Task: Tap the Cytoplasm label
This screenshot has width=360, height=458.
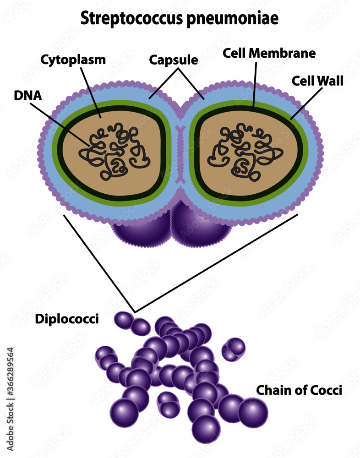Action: (x=73, y=60)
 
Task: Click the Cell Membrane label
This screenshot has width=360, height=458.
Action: (x=269, y=53)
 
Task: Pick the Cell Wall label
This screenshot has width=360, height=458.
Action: (x=317, y=82)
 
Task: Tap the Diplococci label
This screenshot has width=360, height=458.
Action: (x=67, y=319)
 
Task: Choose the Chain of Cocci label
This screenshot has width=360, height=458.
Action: (x=299, y=390)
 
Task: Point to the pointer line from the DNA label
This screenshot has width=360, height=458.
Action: (x=60, y=124)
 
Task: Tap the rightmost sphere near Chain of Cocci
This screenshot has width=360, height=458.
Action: (x=253, y=412)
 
